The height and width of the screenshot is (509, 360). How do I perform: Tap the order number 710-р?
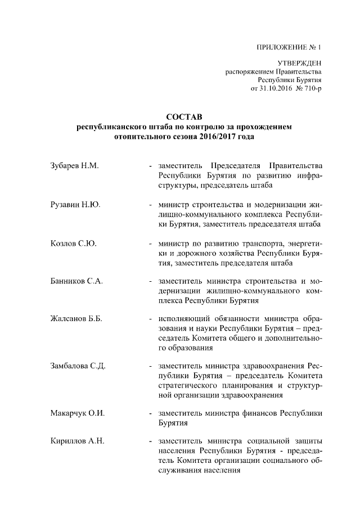click(312, 89)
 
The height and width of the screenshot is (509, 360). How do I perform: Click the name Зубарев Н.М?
click(74, 166)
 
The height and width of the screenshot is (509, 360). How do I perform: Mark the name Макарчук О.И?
click(76, 413)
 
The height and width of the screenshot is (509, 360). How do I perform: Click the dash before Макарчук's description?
click(150, 413)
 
